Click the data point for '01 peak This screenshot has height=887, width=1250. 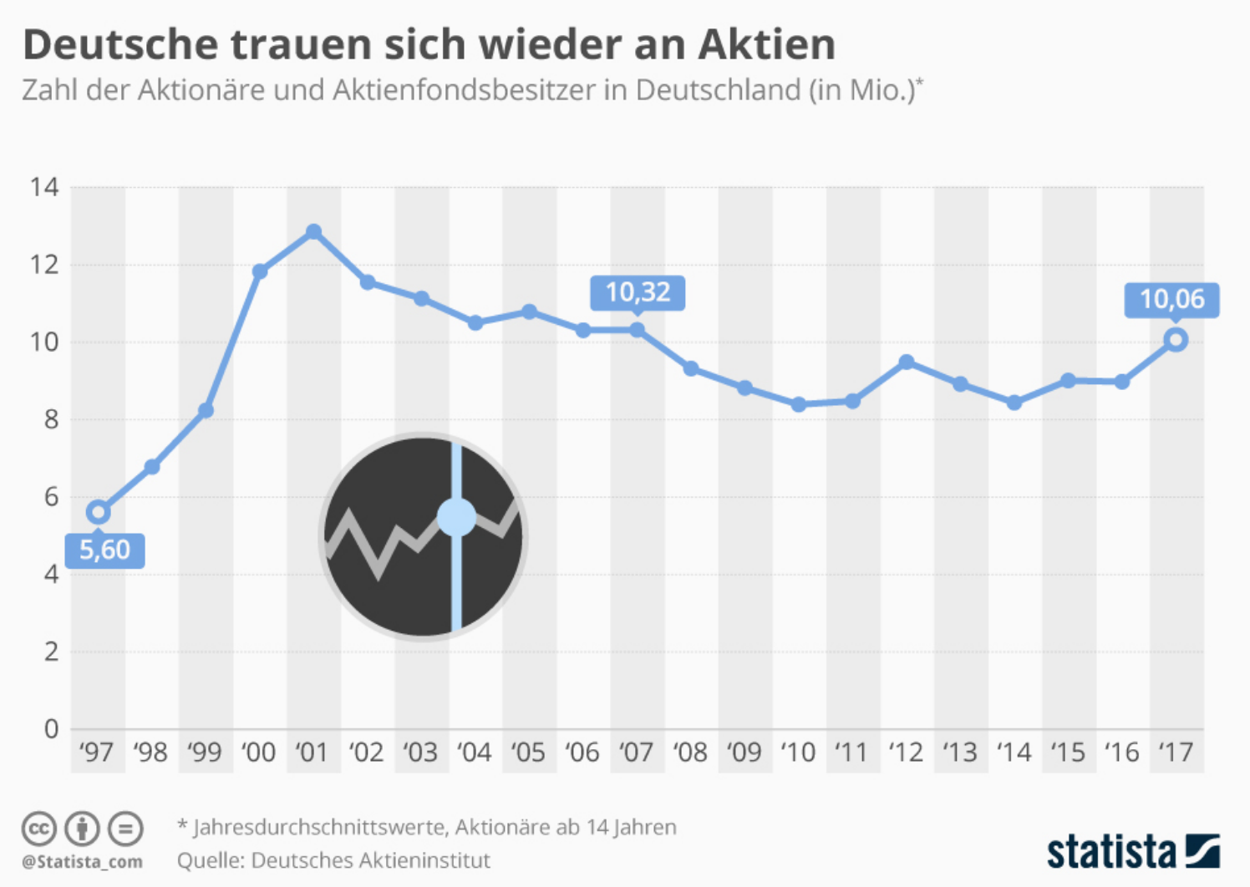(313, 231)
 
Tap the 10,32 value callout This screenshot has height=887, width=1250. (638, 292)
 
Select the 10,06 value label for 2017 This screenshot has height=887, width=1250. (1171, 299)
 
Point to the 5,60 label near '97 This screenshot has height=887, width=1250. (105, 550)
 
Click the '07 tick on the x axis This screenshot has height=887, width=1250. (636, 753)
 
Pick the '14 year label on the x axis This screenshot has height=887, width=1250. (1014, 753)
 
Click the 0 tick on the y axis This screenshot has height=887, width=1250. (51, 729)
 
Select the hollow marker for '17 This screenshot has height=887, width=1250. (1176, 340)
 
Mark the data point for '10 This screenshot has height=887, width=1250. (799, 404)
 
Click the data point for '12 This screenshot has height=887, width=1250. (907, 362)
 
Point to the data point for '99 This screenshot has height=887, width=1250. (206, 410)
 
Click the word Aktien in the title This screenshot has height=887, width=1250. (766, 45)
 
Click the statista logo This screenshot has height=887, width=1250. (1132, 851)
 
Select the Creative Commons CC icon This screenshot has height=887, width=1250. (38, 829)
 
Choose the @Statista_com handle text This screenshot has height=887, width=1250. (82, 861)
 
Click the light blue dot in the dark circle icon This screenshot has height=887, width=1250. (456, 517)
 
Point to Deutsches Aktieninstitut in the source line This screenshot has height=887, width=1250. (370, 860)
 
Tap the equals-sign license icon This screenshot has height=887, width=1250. (125, 829)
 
